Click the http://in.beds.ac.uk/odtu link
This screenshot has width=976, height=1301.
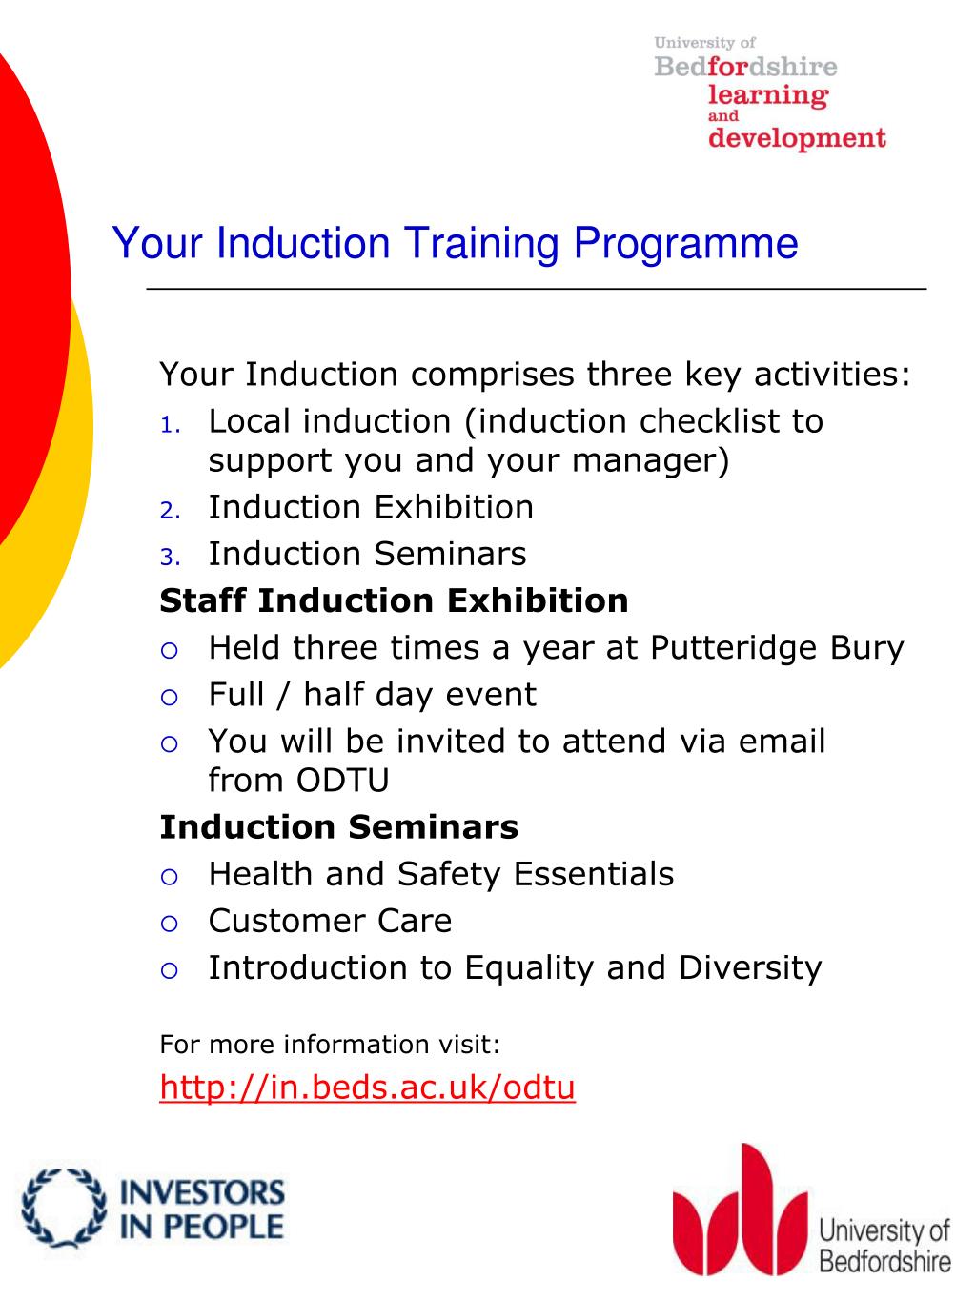[367, 1087]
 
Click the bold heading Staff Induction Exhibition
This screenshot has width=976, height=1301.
[394, 600]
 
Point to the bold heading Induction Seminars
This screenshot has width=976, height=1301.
[338, 826]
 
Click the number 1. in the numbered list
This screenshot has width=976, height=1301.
[170, 424]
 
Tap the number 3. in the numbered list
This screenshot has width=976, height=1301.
[170, 557]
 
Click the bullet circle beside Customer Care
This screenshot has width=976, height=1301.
[170, 923]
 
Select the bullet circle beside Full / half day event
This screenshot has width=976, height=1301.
[170, 697]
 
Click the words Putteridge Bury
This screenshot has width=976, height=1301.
[776, 648]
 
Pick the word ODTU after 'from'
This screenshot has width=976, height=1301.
[342, 780]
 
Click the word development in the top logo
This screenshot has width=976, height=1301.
[797, 139]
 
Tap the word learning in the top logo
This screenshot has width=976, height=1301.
[767, 95]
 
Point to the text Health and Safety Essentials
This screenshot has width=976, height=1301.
[440, 874]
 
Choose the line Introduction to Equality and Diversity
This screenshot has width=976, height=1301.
[515, 967]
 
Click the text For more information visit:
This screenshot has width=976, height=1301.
[330, 1045]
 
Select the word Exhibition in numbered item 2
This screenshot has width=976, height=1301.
[452, 507]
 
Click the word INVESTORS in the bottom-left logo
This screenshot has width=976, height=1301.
[201, 1192]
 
